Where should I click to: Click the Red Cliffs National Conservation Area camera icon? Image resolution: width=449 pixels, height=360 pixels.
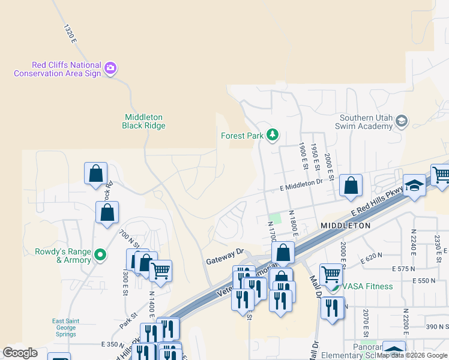pyautogui.click(x=110, y=67)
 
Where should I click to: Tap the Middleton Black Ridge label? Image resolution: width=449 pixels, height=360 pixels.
pyautogui.click(x=143, y=121)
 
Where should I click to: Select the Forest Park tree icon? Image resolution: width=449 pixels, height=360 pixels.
pyautogui.click(x=273, y=135)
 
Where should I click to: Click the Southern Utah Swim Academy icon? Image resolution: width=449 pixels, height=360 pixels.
pyautogui.click(x=401, y=121)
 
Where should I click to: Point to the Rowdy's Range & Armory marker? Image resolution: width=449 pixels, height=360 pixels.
pyautogui.click(x=101, y=256)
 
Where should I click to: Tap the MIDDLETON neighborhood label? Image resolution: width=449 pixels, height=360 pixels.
pyautogui.click(x=345, y=225)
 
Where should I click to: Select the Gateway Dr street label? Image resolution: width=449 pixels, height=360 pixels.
pyautogui.click(x=224, y=257)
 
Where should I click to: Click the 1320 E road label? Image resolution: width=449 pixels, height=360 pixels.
pyautogui.click(x=70, y=33)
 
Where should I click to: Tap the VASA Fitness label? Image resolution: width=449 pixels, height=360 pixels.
pyautogui.click(x=368, y=286)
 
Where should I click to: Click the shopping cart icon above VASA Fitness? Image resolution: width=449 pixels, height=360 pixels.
pyautogui.click(x=330, y=274)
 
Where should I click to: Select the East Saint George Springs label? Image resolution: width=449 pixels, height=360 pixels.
pyautogui.click(x=64, y=328)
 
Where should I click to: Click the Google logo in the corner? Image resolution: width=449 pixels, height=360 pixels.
pyautogui.click(x=19, y=353)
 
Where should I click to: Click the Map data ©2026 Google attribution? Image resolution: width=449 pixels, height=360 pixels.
pyautogui.click(x=412, y=355)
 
